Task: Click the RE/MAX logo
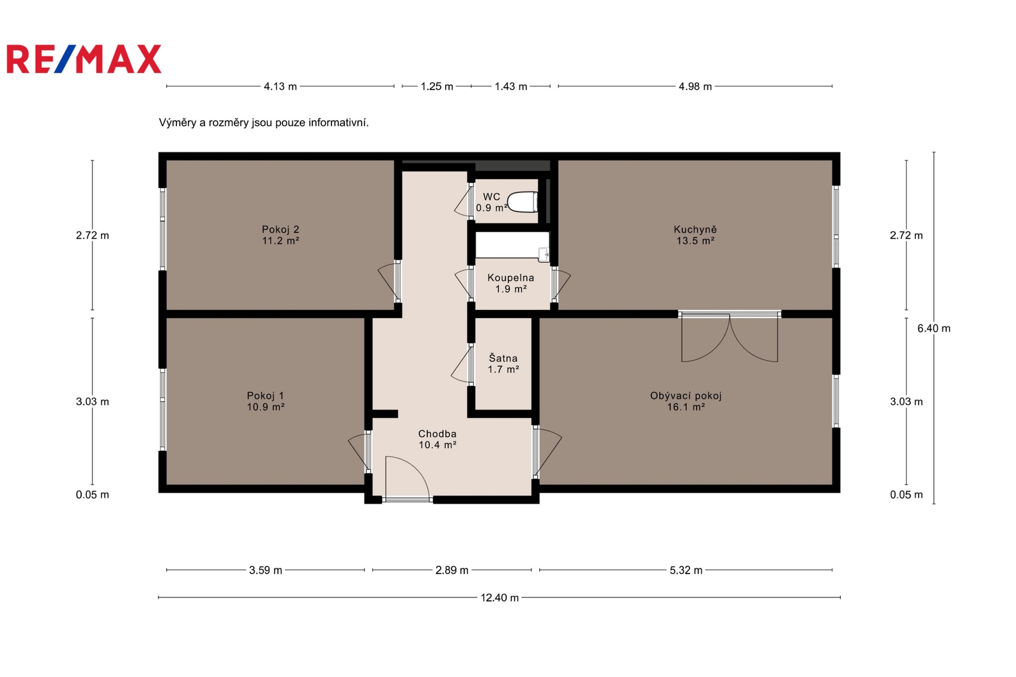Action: tap(84, 59)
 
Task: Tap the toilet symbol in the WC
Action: tap(523, 202)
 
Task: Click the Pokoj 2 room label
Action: tap(280, 235)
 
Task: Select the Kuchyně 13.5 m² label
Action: tap(695, 235)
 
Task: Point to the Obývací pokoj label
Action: tap(686, 401)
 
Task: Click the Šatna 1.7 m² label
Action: tap(503, 363)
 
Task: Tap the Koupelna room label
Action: tap(511, 283)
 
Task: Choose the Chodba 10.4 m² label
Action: tap(438, 439)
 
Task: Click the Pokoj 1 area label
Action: tap(265, 401)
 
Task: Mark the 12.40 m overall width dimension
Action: tap(499, 598)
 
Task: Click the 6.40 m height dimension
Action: tap(934, 328)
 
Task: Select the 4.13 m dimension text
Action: tap(280, 86)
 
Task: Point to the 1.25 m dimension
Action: tap(437, 86)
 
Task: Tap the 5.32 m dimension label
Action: tap(686, 570)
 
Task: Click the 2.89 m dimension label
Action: tap(451, 570)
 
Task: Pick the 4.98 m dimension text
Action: tap(695, 86)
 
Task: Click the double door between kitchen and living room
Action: tap(730, 336)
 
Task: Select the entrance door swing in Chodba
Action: tap(407, 478)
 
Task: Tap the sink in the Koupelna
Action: tap(544, 255)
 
